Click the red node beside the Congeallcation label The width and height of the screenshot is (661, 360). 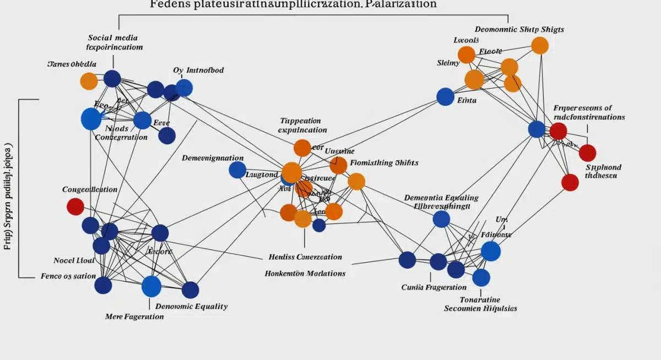pos(75,206)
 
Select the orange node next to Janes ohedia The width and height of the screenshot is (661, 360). pos(89,81)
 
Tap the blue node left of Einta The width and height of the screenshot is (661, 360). pos(445,96)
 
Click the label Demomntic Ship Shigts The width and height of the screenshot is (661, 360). pos(519,29)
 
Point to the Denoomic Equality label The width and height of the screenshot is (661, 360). pos(191,306)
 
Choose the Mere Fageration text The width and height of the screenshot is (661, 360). pos(134,317)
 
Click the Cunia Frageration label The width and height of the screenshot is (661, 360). pos(434,287)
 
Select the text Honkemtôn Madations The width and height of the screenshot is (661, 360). pos(305,273)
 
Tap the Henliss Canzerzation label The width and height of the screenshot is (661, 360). pos(305,257)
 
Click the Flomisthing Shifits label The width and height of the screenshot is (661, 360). pos(384,162)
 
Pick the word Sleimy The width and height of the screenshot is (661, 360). pos(448,63)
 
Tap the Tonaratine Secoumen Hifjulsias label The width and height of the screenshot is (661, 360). pos(480,304)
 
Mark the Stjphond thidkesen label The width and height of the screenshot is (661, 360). pos(603,171)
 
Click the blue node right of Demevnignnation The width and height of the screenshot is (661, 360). pos(237,170)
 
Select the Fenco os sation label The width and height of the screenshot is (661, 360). pos(68,276)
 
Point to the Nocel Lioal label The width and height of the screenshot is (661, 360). pos(74,260)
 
